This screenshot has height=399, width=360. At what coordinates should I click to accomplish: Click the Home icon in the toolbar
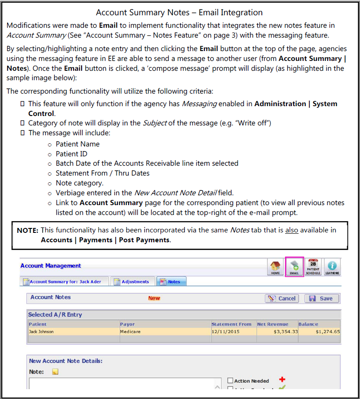(x=275, y=267)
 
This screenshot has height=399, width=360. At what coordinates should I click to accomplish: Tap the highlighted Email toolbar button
(x=295, y=267)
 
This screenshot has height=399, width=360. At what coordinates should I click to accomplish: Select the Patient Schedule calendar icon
(x=313, y=267)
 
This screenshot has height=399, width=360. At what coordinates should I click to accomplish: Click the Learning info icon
(x=332, y=267)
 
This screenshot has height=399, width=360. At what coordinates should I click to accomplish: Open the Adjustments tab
(x=131, y=282)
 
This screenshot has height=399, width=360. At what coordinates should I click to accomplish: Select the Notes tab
(x=171, y=282)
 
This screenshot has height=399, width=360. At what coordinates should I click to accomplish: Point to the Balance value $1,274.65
(x=327, y=332)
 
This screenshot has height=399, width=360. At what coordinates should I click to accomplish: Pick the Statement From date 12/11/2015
(x=226, y=332)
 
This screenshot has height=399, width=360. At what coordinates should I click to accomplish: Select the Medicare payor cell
(x=130, y=332)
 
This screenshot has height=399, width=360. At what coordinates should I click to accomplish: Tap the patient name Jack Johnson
(x=41, y=332)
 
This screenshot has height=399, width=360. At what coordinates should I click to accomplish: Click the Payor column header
(x=127, y=324)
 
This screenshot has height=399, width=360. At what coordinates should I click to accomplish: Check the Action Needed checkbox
(x=230, y=381)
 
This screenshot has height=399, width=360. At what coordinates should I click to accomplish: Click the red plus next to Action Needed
(x=282, y=380)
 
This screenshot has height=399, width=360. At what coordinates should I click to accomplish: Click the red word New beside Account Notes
(x=154, y=298)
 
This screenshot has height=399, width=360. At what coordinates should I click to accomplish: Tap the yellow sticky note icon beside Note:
(x=55, y=372)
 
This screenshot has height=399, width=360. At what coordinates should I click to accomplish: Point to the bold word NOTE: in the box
(x=28, y=230)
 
